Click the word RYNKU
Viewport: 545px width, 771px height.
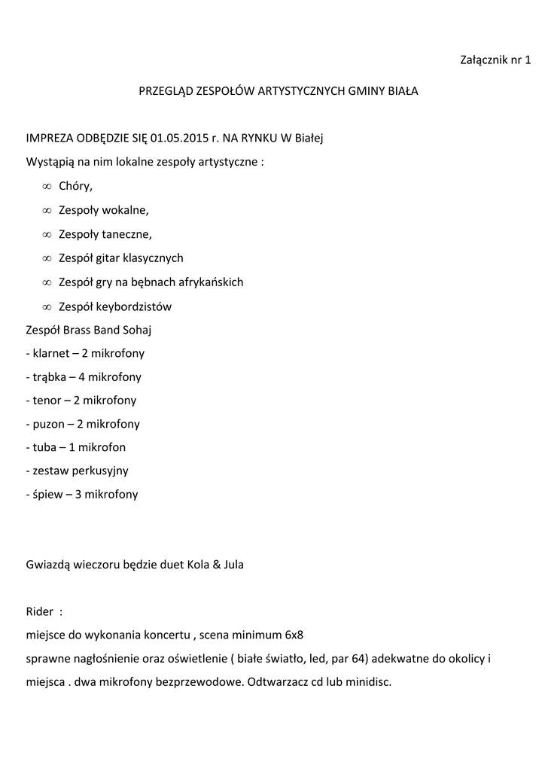(x=256, y=139)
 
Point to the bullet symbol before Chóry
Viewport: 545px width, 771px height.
(x=46, y=187)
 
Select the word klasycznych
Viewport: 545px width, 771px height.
(x=153, y=258)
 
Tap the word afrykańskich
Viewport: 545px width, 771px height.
(x=212, y=282)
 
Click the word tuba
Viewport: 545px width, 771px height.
(x=41, y=447)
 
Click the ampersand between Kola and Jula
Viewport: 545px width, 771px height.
(x=215, y=565)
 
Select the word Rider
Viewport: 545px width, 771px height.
(x=39, y=611)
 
